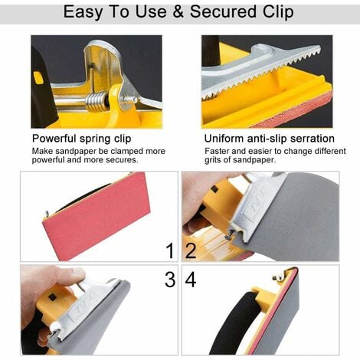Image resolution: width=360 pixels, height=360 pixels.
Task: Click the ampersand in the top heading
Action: (x=178, y=11)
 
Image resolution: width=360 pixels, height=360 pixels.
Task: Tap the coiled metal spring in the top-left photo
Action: (x=96, y=101)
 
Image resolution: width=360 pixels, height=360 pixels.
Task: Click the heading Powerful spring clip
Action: (x=82, y=139)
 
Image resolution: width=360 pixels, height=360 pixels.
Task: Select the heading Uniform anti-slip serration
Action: (x=270, y=139)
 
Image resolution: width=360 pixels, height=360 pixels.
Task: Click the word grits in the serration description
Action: (x=212, y=160)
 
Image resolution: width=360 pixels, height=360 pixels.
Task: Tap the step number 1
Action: (x=170, y=250)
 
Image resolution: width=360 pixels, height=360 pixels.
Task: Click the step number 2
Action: (x=191, y=250)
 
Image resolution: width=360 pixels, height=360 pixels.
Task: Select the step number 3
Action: (x=170, y=280)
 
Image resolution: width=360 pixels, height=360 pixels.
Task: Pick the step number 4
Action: (x=191, y=280)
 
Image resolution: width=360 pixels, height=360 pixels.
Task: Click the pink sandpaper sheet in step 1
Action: (x=97, y=217)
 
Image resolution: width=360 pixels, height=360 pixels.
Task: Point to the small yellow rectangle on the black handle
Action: (x=38, y=77)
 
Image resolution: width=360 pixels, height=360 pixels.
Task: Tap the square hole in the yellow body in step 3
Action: (x=52, y=297)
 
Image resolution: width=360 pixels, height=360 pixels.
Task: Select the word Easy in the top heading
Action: (x=83, y=12)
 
